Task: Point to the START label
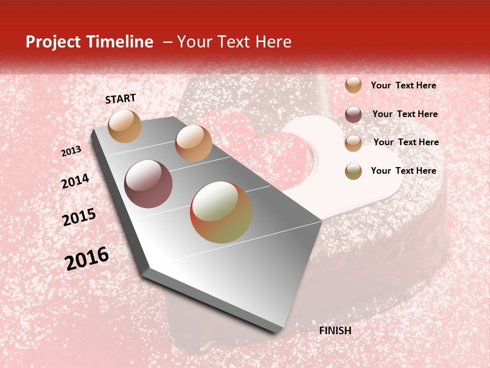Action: (120, 99)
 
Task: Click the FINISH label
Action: (335, 331)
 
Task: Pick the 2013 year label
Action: (71, 151)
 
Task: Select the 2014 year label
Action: (75, 181)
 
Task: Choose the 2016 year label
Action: (87, 259)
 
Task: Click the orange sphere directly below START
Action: (125, 126)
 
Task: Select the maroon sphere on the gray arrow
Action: (148, 184)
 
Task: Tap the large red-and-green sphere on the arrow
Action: (220, 212)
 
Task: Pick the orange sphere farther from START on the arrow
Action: (193, 143)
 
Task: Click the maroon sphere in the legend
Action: (353, 114)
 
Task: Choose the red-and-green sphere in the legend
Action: (353, 171)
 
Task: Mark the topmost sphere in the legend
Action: (353, 85)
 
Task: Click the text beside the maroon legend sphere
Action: (405, 114)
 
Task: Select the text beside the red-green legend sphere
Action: (403, 171)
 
